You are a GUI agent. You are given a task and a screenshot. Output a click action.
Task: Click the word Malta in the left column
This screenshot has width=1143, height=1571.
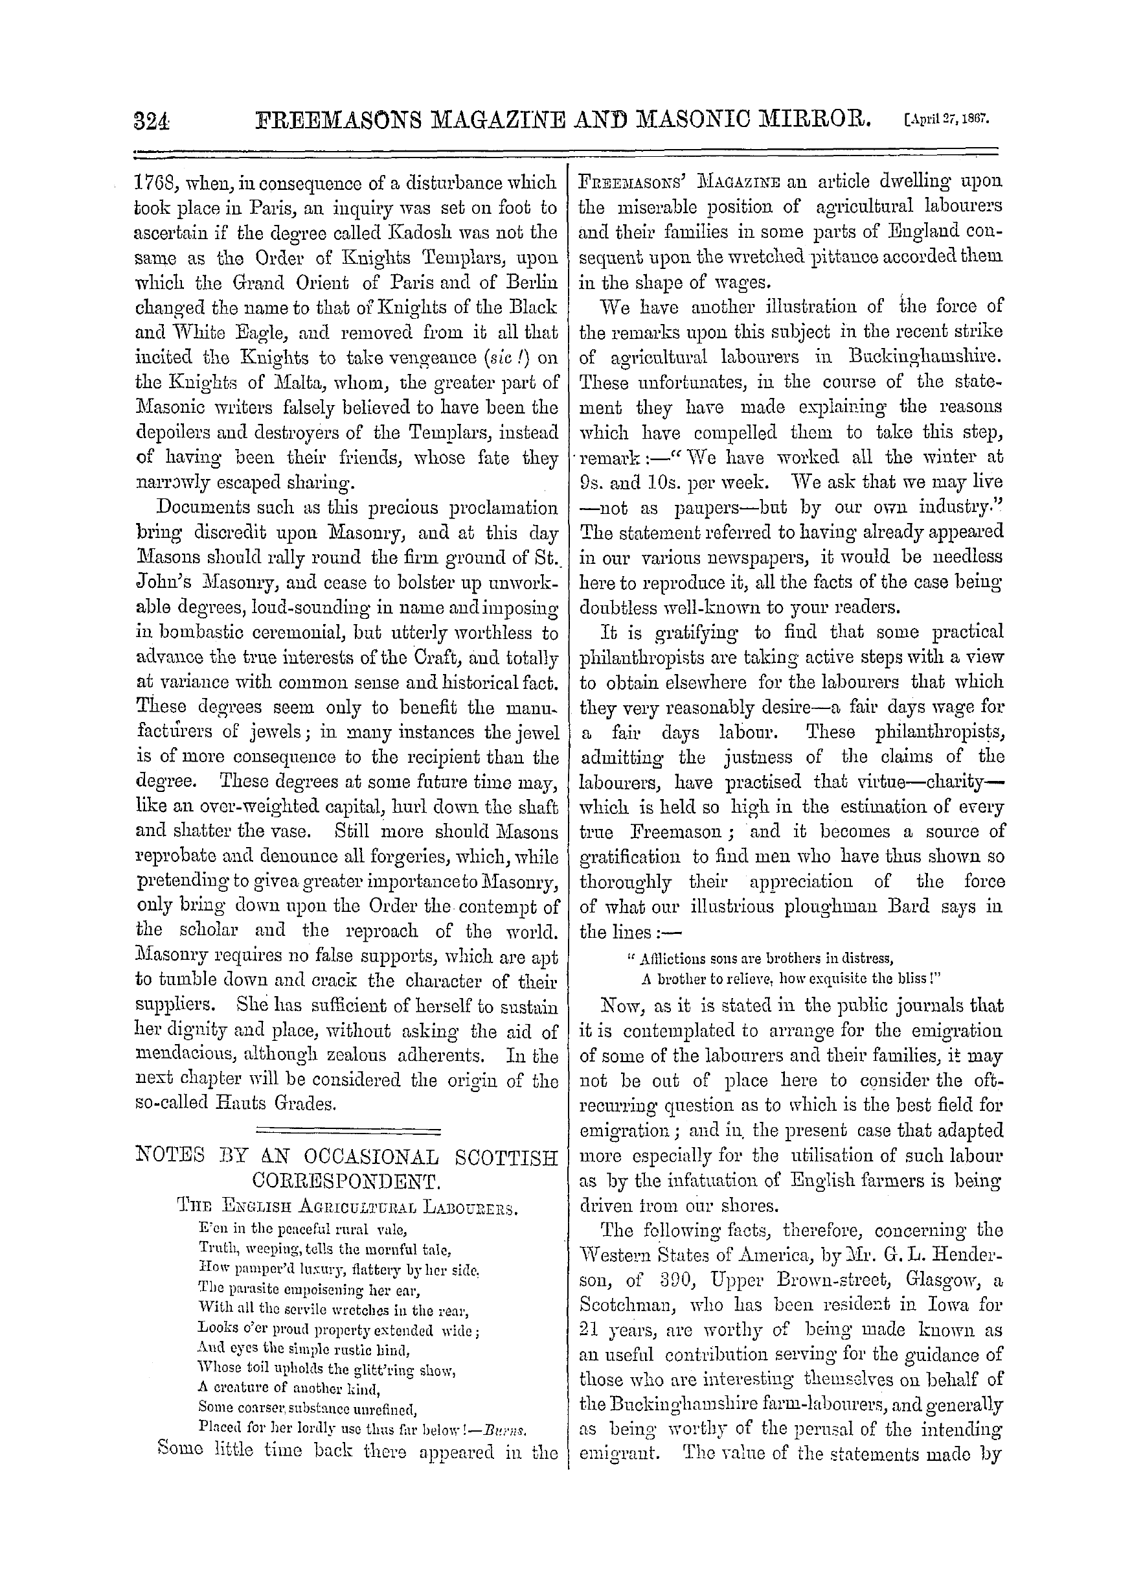pos(266,382)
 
